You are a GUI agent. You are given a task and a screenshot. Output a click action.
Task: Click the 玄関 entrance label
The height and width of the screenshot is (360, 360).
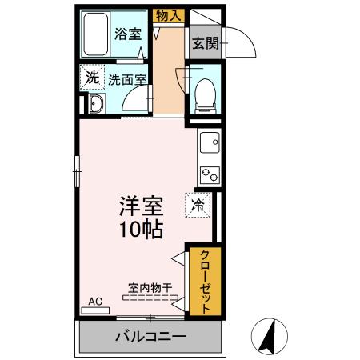coord(205,43)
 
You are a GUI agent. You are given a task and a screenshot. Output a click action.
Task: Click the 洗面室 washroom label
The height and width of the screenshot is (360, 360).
coord(128,80)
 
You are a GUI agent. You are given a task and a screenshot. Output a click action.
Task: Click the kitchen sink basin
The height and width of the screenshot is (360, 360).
coord(209,143)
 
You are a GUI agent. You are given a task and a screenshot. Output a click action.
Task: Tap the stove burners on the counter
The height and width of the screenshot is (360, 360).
coord(210,173)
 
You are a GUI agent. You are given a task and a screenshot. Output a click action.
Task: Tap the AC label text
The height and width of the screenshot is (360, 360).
coord(95,302)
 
